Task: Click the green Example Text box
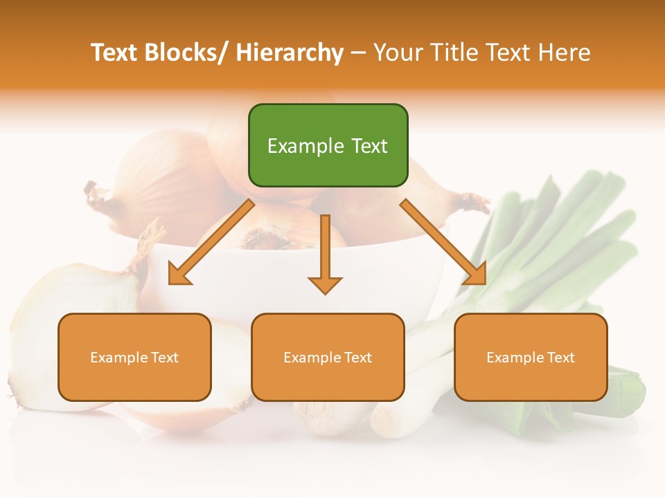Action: pos(328,145)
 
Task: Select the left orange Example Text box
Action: pos(134,357)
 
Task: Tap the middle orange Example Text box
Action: pos(328,357)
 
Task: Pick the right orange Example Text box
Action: pos(531,357)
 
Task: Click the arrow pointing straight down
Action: pos(325,252)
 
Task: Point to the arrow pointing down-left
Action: pos(211,242)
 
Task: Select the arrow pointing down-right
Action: pos(443,242)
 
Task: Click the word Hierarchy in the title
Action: pos(290,53)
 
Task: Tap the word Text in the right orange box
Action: pos(560,357)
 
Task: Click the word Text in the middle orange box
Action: pos(357,357)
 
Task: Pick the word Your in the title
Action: pos(398,53)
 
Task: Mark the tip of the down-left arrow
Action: pos(171,282)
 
